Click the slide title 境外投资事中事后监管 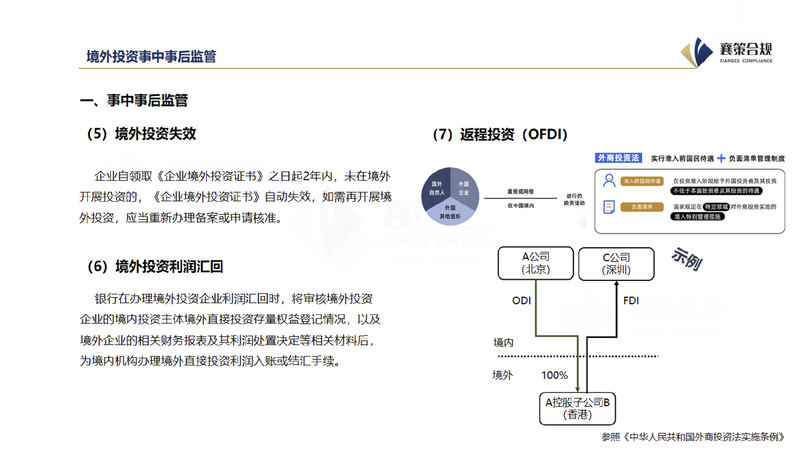pos(151,56)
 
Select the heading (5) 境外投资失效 pos(141,134)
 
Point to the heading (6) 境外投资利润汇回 pos(155,267)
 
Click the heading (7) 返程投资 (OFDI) pos(500,134)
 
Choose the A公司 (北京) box pos(536,263)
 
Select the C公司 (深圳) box pos(616,264)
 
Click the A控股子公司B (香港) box pos(577,408)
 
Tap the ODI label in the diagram pos(521,300)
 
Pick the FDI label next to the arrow pos(631,300)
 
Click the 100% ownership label pos(554,375)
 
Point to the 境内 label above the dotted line pos(503,342)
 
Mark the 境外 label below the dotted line pos(502,375)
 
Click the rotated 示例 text pos(687,259)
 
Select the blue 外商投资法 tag pos(618,158)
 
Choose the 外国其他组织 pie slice pos(450,212)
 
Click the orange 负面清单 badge pos(642,207)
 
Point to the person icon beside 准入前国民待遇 pos(609,181)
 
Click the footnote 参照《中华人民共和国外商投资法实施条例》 pos(693,437)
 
